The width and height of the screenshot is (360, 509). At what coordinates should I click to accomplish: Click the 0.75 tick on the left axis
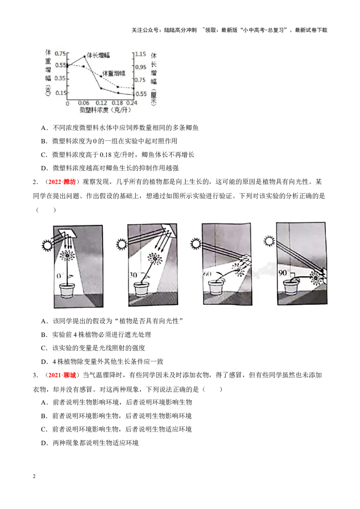point(60,53)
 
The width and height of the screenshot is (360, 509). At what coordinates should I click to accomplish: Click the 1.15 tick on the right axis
point(140,54)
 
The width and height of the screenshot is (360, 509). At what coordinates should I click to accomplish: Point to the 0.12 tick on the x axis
point(101,103)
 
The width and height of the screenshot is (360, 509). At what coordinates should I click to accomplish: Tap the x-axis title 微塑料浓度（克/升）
point(106,110)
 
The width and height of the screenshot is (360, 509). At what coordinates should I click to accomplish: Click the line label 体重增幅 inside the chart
point(114,73)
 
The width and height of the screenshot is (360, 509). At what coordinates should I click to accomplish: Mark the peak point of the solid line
point(85,57)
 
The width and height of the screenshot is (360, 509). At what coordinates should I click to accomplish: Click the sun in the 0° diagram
point(47,245)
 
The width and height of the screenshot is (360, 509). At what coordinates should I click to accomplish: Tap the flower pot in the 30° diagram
point(141,289)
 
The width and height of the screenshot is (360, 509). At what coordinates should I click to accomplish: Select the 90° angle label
point(283,272)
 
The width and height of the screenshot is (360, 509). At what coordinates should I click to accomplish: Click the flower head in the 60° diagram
point(238,269)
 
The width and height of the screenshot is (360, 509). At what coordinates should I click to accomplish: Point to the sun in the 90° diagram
point(270,241)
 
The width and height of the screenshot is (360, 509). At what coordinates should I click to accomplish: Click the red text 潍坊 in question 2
point(69,182)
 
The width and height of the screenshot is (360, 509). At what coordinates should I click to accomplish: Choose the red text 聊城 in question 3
point(69,375)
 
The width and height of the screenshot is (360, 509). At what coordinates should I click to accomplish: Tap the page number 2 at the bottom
point(34,476)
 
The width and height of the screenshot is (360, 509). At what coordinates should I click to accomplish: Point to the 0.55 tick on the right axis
point(141,94)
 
